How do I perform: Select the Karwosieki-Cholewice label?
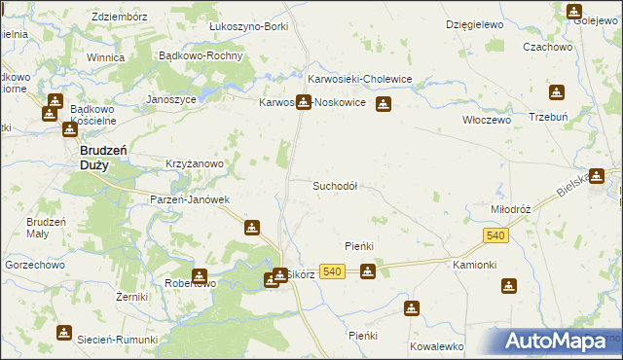coord(360,79)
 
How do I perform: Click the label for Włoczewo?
coord(486,120)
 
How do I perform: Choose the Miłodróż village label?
coord(510,209)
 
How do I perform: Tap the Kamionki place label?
coord(475,265)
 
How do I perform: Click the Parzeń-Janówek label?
coord(189,199)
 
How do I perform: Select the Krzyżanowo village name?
coord(196,164)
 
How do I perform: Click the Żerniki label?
coord(130,296)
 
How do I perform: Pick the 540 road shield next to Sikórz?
coord(332,272)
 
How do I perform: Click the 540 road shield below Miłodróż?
coord(495,235)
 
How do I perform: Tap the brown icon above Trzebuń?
coord(556,93)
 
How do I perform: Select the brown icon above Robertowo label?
coord(200,276)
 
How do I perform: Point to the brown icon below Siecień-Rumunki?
coord(64,333)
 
